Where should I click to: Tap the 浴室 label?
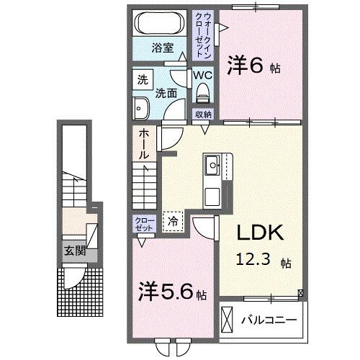point(163,48)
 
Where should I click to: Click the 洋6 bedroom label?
point(253,66)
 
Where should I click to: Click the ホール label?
point(144,144)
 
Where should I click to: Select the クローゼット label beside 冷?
point(141,223)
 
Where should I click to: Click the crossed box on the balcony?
point(228,318)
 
